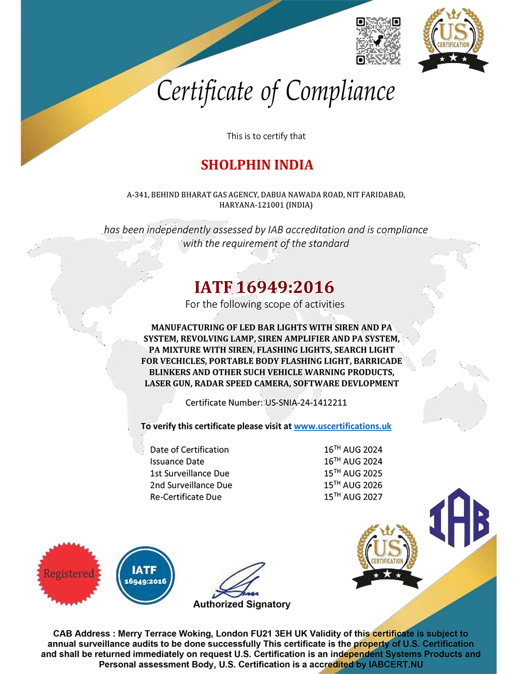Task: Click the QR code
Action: pyautogui.click(x=378, y=41)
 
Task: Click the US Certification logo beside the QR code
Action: pyautogui.click(x=453, y=40)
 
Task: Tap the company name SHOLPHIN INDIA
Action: pyautogui.click(x=257, y=165)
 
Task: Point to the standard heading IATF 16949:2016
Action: pyautogui.click(x=264, y=287)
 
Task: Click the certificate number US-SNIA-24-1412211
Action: pyautogui.click(x=306, y=403)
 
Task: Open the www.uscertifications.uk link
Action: pyautogui.click(x=342, y=426)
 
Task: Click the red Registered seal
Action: pyautogui.click(x=69, y=574)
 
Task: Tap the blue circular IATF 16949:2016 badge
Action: pyautogui.click(x=145, y=575)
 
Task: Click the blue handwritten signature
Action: pyautogui.click(x=239, y=582)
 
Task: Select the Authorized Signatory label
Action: pyautogui.click(x=241, y=604)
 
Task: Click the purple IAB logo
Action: pyautogui.click(x=459, y=518)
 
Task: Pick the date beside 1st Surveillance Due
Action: pyautogui.click(x=353, y=473)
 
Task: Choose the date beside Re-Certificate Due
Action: pyautogui.click(x=353, y=497)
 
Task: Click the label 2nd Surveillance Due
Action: pyautogui.click(x=191, y=485)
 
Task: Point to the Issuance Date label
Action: pyautogui.click(x=177, y=462)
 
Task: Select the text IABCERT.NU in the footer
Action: pyautogui.click(x=396, y=665)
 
